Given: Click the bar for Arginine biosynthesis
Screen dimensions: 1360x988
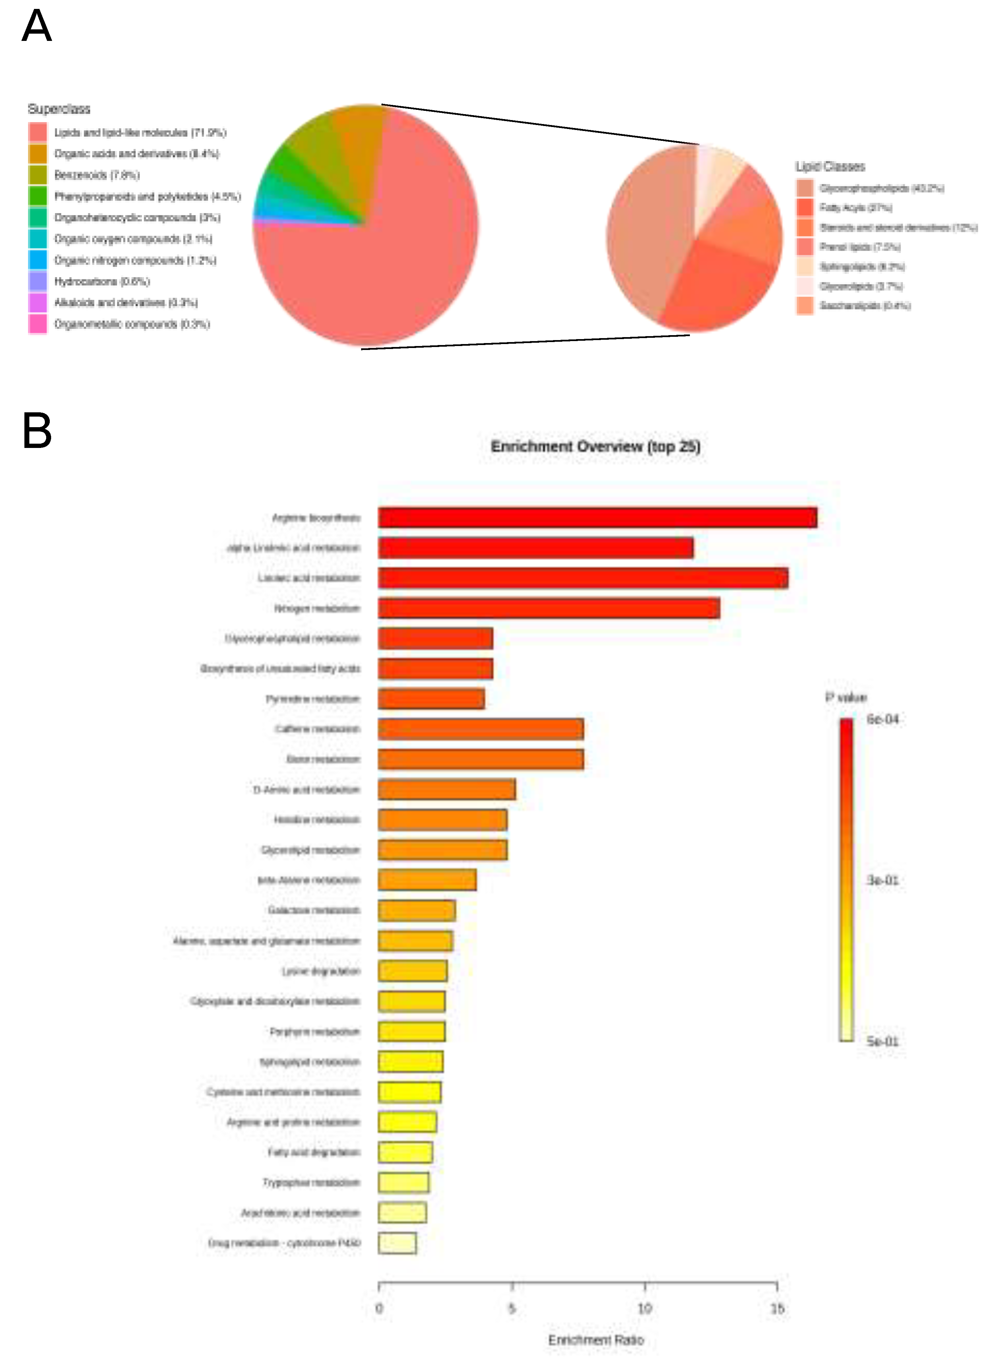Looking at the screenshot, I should point(597,518).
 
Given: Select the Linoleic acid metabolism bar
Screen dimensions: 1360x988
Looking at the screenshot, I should point(583,578).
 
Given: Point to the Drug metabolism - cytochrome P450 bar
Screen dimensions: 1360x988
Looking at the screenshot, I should point(397,1243).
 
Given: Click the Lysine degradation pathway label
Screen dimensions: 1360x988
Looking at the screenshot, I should point(321,971).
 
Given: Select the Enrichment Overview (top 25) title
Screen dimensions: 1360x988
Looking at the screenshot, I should point(595,446).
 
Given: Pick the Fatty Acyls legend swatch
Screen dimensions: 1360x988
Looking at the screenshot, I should point(805,207).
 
